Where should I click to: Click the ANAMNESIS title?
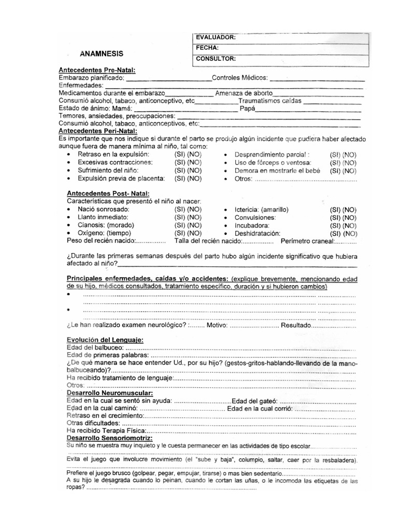click(x=102, y=53)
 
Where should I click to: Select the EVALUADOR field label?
click(x=216, y=37)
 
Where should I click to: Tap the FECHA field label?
click(x=207, y=48)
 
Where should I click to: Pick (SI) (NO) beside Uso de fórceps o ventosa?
click(x=343, y=163)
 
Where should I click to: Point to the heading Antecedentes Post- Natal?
click(x=101, y=193)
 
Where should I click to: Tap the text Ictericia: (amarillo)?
click(x=261, y=209)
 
